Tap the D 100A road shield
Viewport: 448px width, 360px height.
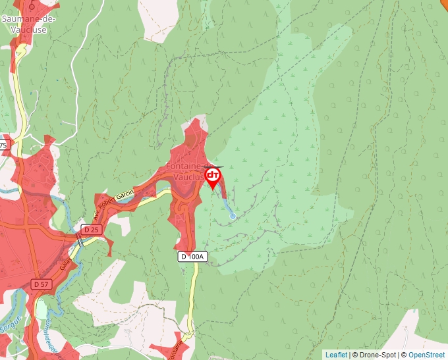[192, 257]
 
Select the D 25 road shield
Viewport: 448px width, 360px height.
[91, 229]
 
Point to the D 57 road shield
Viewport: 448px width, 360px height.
[41, 284]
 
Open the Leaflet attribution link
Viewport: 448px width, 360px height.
[336, 355]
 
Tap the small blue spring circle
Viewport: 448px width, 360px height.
[232, 216]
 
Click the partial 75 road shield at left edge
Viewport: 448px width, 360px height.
[4, 145]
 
